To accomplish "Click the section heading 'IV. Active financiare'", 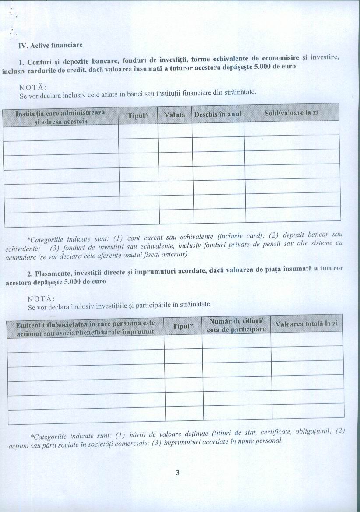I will pos(50,45).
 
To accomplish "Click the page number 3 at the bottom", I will pos(177,473).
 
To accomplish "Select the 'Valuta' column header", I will pos(174,114).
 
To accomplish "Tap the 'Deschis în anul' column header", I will pos(218,114).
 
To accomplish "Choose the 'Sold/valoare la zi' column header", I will pos(291,113).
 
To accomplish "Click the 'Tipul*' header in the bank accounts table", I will pos(138,115).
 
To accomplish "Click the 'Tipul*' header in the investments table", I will pos(183,326).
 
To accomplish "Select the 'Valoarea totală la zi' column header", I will pos(307,324).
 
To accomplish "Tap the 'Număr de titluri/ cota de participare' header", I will pos(236,325).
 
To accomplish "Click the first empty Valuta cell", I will pos(175,131).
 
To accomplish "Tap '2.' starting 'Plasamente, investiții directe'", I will pos(30,274).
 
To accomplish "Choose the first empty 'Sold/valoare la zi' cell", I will pos(292,129).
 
